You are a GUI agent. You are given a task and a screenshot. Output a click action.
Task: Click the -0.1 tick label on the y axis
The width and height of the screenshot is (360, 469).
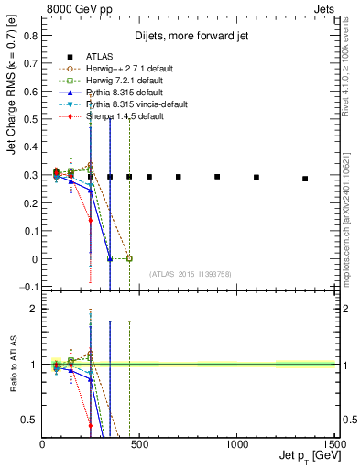pos(29,288)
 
